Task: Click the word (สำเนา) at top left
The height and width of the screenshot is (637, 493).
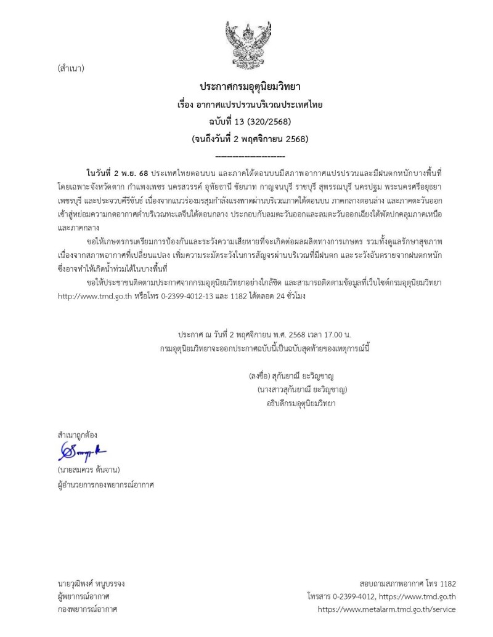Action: coord(70,68)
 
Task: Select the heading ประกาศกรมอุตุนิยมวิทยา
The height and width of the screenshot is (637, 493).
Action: coord(250,87)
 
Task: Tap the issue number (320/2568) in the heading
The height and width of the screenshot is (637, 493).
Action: coord(265,121)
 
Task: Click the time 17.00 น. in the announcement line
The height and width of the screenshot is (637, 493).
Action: coord(335,334)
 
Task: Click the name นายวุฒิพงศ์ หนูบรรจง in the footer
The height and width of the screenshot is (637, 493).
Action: coord(91,583)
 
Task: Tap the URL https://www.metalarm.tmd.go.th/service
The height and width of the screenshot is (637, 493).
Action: coord(386,609)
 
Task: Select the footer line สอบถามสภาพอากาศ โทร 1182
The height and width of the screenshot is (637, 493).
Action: coord(407,583)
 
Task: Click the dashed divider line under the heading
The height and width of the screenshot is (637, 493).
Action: coord(250,156)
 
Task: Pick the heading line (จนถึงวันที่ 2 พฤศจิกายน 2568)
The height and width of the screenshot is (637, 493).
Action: coord(250,138)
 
